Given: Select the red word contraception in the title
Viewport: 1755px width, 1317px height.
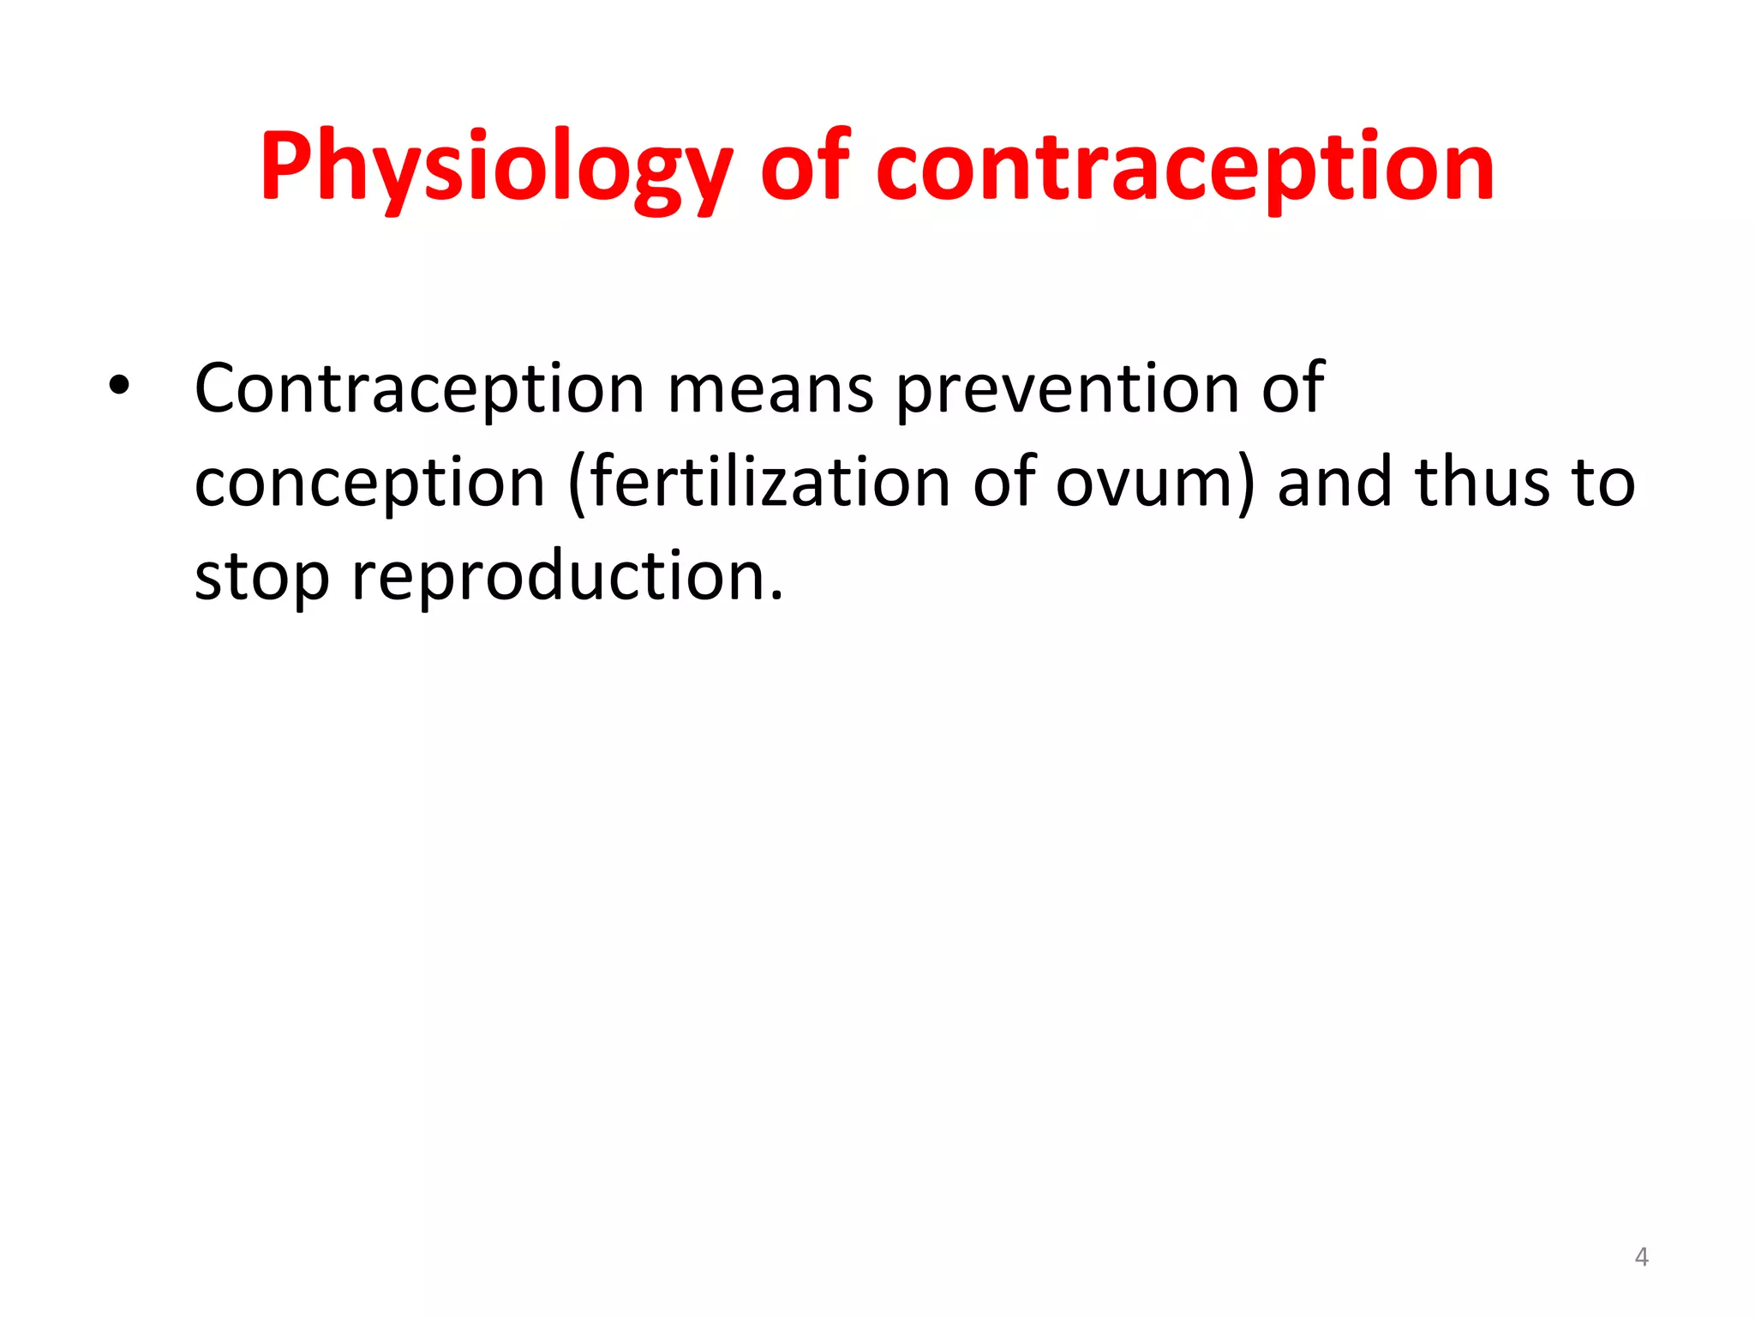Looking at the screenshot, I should pyautogui.click(x=1184, y=169).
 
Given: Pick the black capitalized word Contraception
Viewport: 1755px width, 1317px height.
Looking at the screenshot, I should pyautogui.click(x=419, y=390).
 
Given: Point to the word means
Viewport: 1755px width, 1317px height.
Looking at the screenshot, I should pyautogui.click(x=770, y=390).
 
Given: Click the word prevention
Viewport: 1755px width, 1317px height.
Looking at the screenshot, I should pyautogui.click(x=1066, y=390).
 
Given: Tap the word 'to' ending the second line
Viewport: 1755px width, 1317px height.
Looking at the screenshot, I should pyautogui.click(x=1603, y=483).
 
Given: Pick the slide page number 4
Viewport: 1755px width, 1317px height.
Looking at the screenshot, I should pyautogui.click(x=1641, y=1257).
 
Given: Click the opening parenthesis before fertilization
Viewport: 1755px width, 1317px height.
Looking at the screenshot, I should pyautogui.click(x=577, y=484).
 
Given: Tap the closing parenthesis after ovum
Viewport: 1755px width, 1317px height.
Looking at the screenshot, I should pyautogui.click(x=1245, y=484).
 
